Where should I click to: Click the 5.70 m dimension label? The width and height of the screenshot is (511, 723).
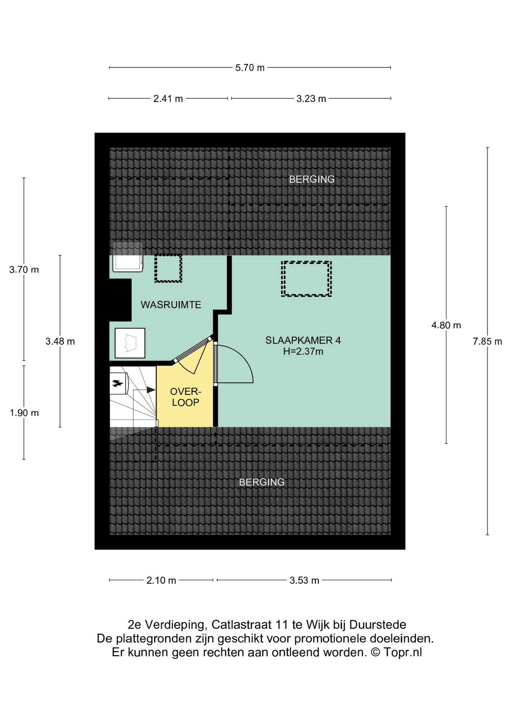(x=250, y=68)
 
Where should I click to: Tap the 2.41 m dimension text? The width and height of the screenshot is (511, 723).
(x=168, y=99)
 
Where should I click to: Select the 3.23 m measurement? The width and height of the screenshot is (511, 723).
(x=311, y=99)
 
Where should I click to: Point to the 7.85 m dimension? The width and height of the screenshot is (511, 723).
(x=487, y=342)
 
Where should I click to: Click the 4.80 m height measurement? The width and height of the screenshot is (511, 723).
(x=446, y=325)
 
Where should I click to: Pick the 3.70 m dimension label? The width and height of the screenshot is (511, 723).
(x=24, y=270)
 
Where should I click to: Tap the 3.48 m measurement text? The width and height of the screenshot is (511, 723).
(x=60, y=342)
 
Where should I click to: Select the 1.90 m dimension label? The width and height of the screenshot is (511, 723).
(x=24, y=413)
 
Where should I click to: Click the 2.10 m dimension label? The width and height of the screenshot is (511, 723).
(x=161, y=580)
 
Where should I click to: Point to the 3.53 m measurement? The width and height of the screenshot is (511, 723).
(x=304, y=580)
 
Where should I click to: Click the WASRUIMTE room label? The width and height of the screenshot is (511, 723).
(x=171, y=305)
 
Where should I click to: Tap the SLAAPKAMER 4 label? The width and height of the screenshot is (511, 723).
(x=303, y=340)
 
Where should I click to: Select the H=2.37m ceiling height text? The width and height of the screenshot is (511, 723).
(x=303, y=352)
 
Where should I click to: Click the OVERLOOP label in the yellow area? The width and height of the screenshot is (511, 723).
(x=186, y=397)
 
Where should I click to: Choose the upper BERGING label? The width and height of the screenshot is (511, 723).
(x=312, y=179)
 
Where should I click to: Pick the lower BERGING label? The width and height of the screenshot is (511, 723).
(x=262, y=482)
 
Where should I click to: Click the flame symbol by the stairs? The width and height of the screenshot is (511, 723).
(x=117, y=384)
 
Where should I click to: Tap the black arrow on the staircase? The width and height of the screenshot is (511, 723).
(x=151, y=390)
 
